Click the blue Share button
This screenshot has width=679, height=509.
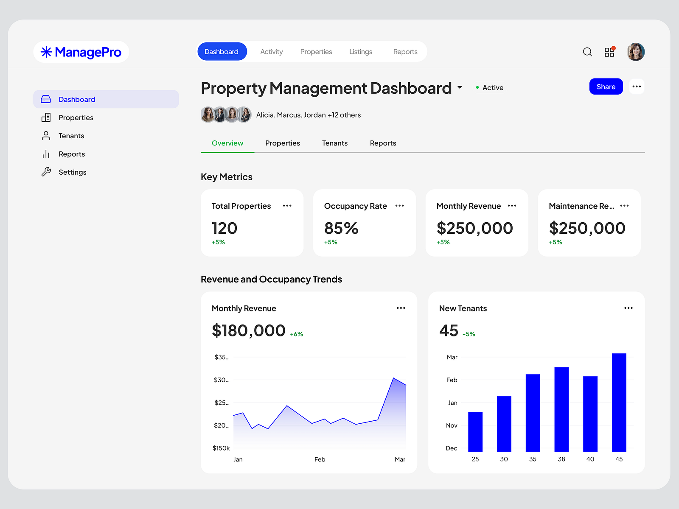606,87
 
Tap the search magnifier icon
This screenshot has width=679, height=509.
587,52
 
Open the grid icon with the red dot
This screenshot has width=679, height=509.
609,52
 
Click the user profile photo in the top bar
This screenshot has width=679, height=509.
636,52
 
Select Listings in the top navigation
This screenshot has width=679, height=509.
361,52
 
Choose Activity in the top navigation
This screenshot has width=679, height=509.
271,52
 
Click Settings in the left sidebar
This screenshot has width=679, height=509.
72,172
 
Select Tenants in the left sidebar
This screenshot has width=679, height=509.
71,136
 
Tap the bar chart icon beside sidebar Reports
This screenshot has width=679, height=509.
46,154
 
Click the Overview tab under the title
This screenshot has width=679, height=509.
227,143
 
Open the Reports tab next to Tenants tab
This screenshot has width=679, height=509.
383,143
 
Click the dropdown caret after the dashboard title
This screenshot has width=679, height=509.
460,87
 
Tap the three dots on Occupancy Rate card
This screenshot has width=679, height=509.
399,206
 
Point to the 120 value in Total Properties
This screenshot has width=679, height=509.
224,228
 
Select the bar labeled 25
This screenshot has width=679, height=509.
475,431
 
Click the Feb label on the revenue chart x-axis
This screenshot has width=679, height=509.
320,459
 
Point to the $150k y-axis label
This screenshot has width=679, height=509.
221,448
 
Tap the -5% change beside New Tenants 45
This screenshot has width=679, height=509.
469,334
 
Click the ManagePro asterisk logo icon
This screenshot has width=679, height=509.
46,52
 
